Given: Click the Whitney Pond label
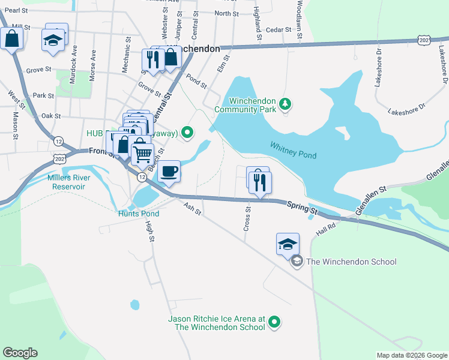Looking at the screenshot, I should pos(293,150).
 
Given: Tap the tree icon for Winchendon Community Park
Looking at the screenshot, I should pos(286,106).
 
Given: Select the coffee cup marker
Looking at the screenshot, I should pos(169,171).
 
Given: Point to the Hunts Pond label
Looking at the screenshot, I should pos(139,214).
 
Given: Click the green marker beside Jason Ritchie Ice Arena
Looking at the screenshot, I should pos(274,323).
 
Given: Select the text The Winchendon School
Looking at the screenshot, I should pos(351,262).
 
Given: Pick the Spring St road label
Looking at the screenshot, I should pos(301,207).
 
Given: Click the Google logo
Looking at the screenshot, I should pos(20,353).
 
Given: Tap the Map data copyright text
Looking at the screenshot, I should pos(411,355).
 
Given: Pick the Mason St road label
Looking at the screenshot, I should pos(16,122).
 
